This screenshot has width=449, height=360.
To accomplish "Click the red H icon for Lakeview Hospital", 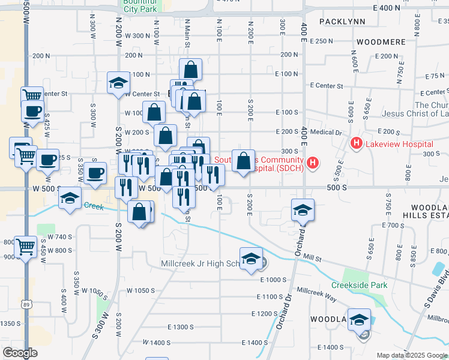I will [356, 144].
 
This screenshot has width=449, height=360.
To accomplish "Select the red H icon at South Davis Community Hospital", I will [312, 163].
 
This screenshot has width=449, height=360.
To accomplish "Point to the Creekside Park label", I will [360, 285].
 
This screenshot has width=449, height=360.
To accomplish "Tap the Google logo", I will [19, 353].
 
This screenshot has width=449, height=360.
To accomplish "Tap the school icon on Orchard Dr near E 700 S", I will [303, 210].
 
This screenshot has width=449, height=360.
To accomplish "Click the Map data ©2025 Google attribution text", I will [411, 355].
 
